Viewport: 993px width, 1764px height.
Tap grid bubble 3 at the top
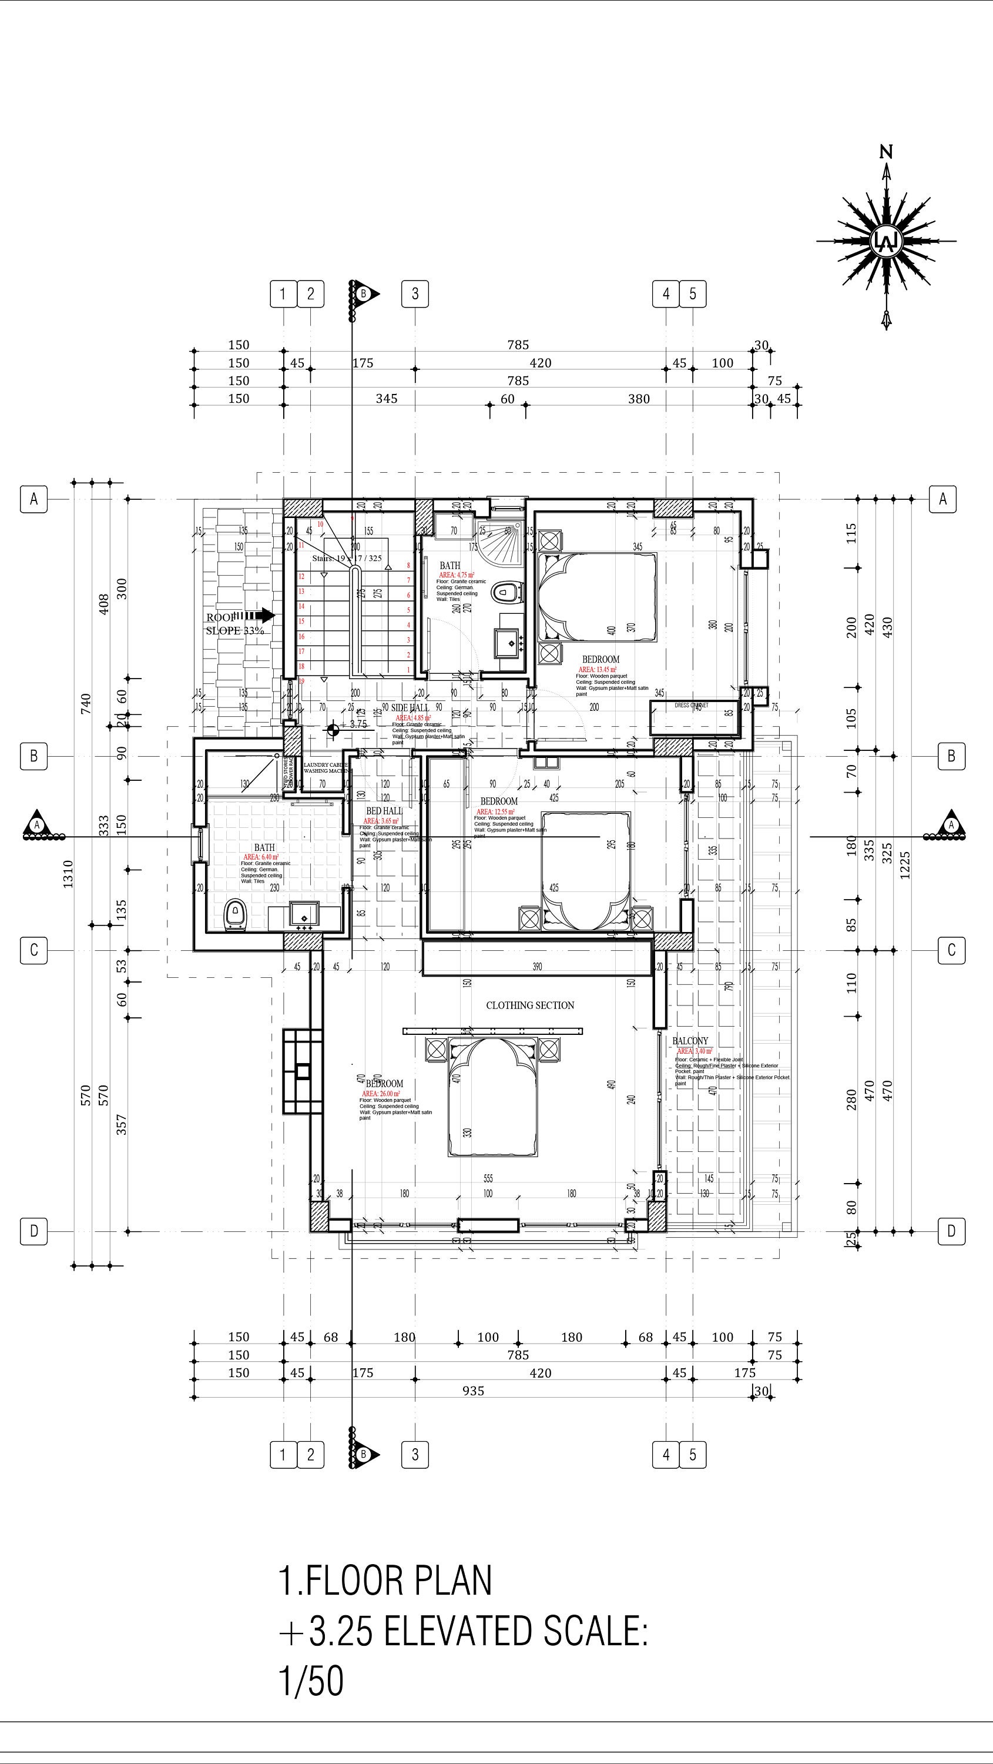415,294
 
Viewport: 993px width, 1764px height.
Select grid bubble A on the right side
942,499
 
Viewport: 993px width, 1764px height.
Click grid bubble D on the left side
33,1231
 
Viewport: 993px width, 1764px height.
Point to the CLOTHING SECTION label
529,1005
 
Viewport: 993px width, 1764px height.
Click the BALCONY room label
690,1041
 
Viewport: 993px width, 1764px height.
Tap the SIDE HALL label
410,707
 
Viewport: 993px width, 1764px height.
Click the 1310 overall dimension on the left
68,874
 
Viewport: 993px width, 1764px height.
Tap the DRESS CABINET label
690,704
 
